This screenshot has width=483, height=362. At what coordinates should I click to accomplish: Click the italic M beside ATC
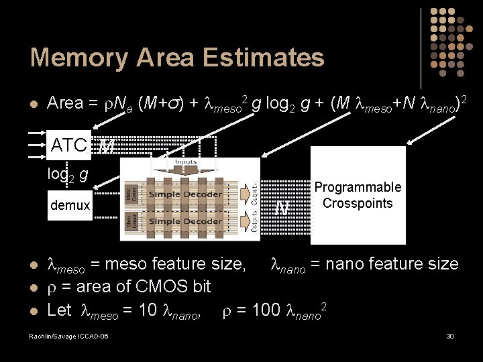(x=106, y=146)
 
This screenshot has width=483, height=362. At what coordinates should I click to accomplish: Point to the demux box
(x=70, y=205)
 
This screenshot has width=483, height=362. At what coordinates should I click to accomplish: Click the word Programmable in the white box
(x=358, y=187)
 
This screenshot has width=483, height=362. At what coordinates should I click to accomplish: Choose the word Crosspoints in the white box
(x=358, y=202)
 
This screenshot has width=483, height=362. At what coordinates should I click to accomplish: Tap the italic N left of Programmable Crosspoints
(x=282, y=208)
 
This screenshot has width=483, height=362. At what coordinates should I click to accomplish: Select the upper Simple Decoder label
(x=185, y=194)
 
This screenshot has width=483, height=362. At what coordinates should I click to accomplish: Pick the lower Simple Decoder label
(x=185, y=221)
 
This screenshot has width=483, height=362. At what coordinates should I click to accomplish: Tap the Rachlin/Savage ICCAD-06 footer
(x=69, y=335)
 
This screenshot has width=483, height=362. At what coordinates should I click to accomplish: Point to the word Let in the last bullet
(x=60, y=310)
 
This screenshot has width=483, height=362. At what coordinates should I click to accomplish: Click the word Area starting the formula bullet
(x=65, y=103)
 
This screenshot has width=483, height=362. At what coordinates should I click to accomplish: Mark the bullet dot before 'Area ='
(x=35, y=104)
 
